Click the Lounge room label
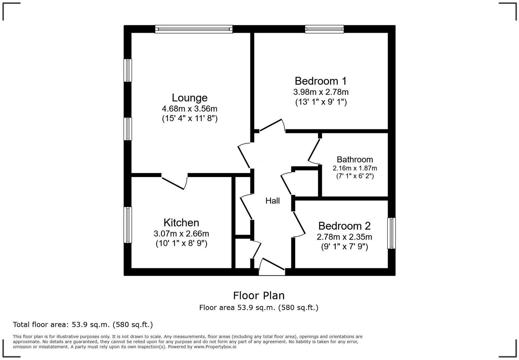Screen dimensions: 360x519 tap(189, 98)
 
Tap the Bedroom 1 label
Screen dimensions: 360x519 tap(320, 81)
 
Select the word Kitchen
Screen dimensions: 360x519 tap(181, 222)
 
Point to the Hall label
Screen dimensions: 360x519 tap(272, 201)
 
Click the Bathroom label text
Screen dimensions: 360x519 tap(355, 159)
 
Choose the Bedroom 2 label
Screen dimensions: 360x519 tap(344, 226)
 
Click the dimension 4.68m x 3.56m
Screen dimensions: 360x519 tap(189, 109)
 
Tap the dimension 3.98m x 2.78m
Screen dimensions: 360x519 tap(320, 92)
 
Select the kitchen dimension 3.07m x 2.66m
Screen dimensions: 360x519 tap(181, 234)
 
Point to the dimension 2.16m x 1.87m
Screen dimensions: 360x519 tap(355, 168)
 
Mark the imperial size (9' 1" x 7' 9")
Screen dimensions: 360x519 tap(344, 247)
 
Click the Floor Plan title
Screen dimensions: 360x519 tap(259, 295)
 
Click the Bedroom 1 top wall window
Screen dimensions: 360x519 tap(324, 29)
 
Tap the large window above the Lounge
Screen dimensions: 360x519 tap(194, 29)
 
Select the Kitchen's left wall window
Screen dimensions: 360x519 tap(128, 225)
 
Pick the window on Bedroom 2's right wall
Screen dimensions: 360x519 tap(392, 233)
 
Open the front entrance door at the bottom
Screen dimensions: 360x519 tap(272, 267)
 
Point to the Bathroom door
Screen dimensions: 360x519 tap(314, 151)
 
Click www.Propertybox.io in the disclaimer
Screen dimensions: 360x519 tap(215, 347)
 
